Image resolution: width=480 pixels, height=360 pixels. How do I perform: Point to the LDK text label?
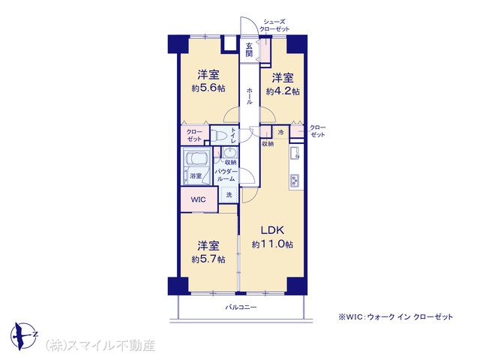[271, 229]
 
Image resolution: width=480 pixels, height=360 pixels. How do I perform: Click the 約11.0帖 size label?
[272, 244]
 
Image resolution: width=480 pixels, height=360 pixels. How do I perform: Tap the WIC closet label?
[197, 199]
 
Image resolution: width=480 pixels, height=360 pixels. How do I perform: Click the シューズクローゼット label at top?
[273, 25]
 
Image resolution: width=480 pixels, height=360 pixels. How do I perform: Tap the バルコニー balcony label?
[241, 307]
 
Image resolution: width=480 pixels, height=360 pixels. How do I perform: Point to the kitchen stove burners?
[294, 181]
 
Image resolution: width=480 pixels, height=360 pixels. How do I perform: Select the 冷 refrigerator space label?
[280, 133]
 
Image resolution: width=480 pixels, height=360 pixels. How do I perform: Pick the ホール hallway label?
[249, 95]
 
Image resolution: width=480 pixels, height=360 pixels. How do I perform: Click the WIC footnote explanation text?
[396, 317]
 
